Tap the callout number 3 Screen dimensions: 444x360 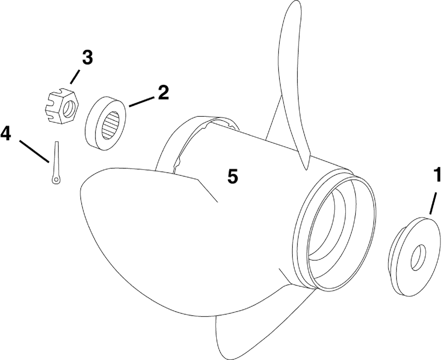87,58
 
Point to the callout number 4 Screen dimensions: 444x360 6,134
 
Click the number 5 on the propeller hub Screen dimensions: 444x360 232,176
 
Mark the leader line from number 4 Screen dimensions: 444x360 34,150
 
